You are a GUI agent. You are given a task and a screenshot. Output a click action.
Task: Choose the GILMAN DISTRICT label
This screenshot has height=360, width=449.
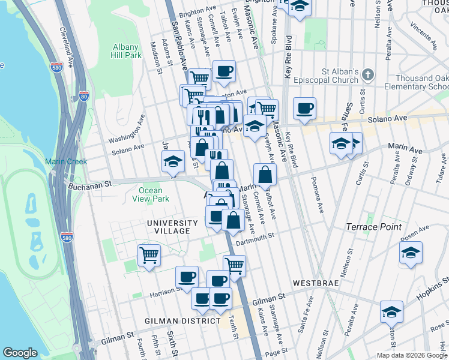click(x=182, y=321)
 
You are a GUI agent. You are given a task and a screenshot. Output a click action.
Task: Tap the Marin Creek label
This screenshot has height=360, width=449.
click(x=66, y=161)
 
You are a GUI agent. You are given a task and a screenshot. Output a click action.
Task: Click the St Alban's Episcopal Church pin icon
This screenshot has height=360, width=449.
click(x=367, y=75)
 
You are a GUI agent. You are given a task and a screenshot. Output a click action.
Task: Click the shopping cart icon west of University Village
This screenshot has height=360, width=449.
click(x=149, y=254)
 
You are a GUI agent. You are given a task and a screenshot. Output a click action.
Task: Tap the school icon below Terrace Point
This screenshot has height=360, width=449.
click(x=411, y=252)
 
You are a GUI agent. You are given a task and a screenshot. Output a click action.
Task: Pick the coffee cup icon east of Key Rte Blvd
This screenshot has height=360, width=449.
click(x=304, y=108)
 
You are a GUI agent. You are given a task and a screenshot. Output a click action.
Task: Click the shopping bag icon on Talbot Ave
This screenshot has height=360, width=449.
click(x=265, y=175)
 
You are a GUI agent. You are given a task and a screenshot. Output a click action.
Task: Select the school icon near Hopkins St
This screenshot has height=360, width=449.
click(x=391, y=312)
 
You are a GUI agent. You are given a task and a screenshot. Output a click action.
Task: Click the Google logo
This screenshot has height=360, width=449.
click(x=20, y=353)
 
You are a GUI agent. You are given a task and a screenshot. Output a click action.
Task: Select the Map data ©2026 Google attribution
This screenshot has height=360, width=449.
click(x=411, y=355)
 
